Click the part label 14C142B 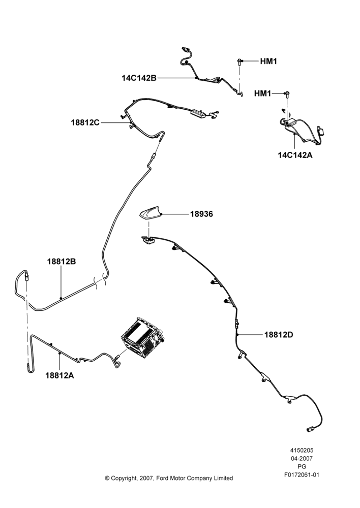pos(139,78)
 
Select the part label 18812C pos(85,123)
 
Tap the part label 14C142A pos(295,155)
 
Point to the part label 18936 pos(201,214)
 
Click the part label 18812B pos(62,262)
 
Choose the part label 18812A pos(59,375)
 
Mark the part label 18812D pos(279,335)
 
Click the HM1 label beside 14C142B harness pos(268,61)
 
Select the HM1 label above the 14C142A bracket pos(262,93)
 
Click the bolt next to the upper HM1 pos(239,61)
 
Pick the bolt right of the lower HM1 pos(287,94)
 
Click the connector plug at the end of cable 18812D pos(309,430)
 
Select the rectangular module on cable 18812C pos(198,114)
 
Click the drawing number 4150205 pos(302,450)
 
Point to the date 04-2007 pos(302,458)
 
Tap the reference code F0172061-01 pos(302,475)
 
